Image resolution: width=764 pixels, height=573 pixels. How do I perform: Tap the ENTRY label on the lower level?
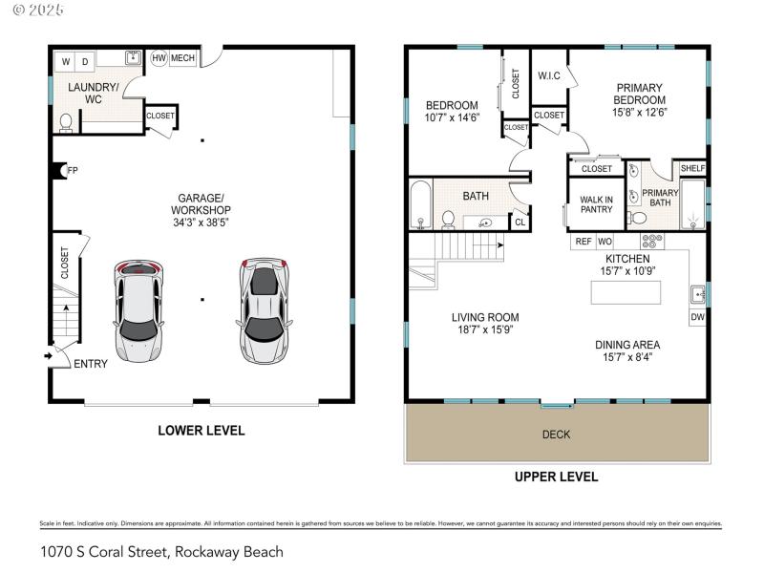(x=91, y=364)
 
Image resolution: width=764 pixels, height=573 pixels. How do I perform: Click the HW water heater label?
(x=159, y=58)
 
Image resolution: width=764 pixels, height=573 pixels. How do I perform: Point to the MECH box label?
(x=182, y=58)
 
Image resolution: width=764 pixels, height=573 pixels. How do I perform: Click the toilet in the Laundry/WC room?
(x=66, y=122)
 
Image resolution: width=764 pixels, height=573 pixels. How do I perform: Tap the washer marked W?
(x=67, y=63)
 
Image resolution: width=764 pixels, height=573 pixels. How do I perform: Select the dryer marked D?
(x=85, y=63)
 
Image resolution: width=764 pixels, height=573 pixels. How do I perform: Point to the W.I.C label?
(x=548, y=75)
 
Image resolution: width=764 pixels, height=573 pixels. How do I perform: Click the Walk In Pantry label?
(x=596, y=204)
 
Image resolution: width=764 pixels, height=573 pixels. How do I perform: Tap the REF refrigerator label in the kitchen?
(x=583, y=243)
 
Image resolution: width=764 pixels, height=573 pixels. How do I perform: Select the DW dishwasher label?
(x=697, y=317)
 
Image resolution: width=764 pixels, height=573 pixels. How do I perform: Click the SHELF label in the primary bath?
(x=692, y=168)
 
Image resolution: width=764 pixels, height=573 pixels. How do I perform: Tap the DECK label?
(x=556, y=435)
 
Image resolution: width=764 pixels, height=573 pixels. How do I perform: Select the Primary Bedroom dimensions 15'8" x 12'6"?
(x=639, y=112)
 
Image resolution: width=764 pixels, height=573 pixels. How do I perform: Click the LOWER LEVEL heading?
(x=201, y=431)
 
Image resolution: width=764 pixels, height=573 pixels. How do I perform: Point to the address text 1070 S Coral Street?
(x=161, y=552)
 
